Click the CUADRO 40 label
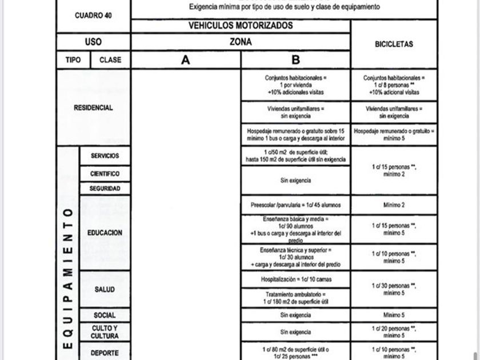pos(93,15)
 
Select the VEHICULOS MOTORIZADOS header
pos(241,26)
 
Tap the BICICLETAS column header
pos(394,44)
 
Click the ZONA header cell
pos(241,42)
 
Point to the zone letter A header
pos(186,60)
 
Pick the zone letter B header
pos(295,60)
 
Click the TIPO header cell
pos(73,59)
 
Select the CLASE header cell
pos(110,59)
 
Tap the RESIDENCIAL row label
pos(93,107)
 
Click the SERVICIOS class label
pos(105,155)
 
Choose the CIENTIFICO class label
pos(105,173)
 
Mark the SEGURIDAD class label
pos(105,188)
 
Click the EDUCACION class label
pos(105,233)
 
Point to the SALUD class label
pos(105,289)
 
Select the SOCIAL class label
pos(105,315)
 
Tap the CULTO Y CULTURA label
pos(105,332)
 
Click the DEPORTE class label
pos(105,353)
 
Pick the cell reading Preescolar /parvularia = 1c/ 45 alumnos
pos(295,205)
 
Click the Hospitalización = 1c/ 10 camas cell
pos(295,279)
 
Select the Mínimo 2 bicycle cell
pos(394,205)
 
